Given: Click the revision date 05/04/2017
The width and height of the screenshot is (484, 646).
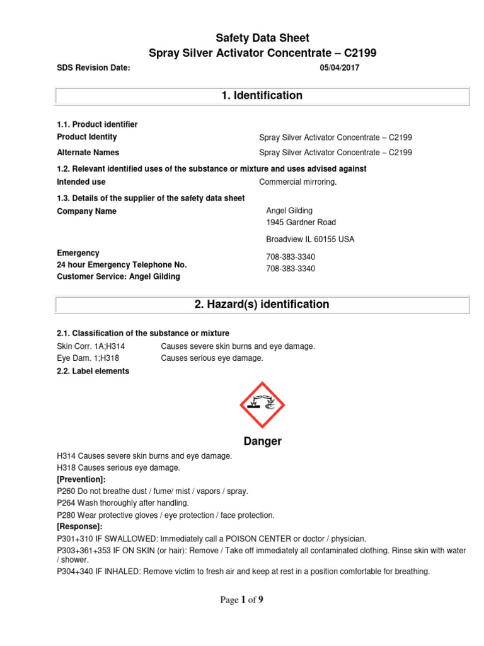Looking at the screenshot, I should [x=340, y=68].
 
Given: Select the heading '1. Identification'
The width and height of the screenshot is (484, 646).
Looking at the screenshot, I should [x=262, y=96].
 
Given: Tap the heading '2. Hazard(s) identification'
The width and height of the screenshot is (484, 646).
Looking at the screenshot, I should [x=262, y=305].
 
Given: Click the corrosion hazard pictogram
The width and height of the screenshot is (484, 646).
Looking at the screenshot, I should [x=263, y=405].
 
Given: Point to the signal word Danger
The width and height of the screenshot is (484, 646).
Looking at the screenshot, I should [x=263, y=442].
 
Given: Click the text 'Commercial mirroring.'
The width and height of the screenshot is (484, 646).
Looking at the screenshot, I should [x=298, y=182].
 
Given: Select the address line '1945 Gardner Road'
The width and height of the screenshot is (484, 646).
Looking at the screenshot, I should [x=301, y=223].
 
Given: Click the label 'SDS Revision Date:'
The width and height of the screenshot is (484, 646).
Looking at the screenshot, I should [x=93, y=68].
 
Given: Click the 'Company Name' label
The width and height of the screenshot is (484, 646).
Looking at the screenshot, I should [x=86, y=211].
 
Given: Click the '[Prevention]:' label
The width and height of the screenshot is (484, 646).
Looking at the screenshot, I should [x=81, y=479].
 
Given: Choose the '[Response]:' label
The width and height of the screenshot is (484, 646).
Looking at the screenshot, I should [x=79, y=526].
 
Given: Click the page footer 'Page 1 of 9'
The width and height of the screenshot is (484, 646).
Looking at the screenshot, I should [x=241, y=600].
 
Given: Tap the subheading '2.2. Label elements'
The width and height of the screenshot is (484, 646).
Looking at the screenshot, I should [x=93, y=371].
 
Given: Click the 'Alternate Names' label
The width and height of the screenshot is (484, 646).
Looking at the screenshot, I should [x=88, y=152].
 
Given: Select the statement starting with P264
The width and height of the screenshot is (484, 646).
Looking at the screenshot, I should [x=122, y=503].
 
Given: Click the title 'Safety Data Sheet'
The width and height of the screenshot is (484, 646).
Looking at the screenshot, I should [x=263, y=38].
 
